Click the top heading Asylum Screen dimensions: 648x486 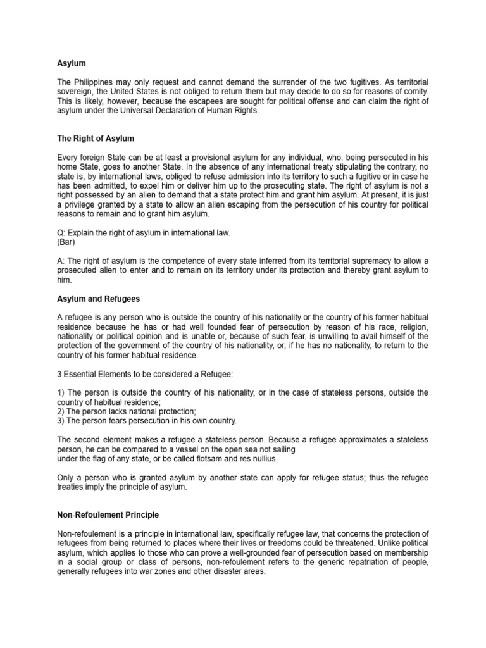coord(71,63)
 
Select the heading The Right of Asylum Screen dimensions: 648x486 coord(95,139)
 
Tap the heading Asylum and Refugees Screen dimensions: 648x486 coord(98,298)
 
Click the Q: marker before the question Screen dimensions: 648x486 coord(61,233)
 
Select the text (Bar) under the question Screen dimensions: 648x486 coord(66,242)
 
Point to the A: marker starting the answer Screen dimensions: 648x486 coord(61,261)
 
